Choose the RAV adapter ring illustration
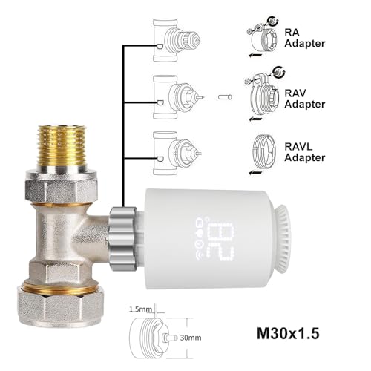tap(265, 96)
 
